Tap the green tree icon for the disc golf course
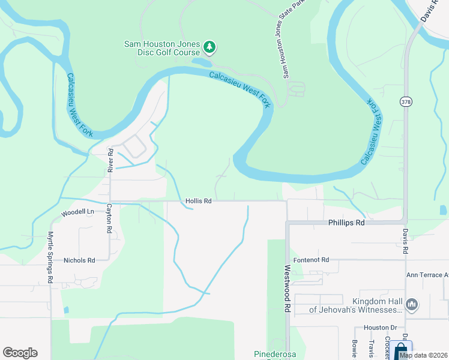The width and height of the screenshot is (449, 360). (209, 47)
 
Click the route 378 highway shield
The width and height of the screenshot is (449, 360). (406, 102)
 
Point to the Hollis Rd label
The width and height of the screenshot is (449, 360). (199, 202)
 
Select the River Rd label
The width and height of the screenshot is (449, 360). (110, 161)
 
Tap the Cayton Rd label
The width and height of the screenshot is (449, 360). (109, 218)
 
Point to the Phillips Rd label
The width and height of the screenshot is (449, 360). (346, 223)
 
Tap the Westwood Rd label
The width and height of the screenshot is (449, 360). (288, 289)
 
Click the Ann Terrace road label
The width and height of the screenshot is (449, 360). (427, 275)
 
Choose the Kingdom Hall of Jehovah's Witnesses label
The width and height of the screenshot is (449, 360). (355, 305)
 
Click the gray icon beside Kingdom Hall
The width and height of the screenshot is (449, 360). (412, 305)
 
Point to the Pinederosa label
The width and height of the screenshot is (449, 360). (276, 353)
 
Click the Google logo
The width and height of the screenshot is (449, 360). (20, 353)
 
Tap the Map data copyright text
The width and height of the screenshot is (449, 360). (423, 355)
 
